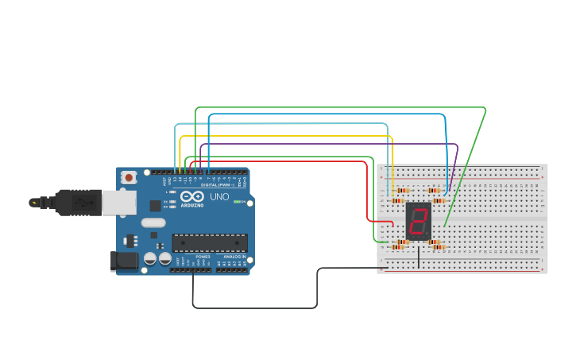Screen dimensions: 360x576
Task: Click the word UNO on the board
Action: (219, 197)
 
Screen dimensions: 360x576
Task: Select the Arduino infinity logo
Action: (191, 196)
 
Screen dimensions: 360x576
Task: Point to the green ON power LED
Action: (237, 202)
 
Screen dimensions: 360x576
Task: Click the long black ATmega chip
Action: (210, 242)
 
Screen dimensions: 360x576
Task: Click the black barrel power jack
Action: (124, 261)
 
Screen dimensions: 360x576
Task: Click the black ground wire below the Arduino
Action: (254, 308)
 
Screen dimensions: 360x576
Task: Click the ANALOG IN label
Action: (232, 257)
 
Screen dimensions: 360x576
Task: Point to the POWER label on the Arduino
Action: (203, 257)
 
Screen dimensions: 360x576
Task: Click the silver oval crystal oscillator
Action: (153, 223)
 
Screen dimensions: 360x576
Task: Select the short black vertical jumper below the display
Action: (419, 257)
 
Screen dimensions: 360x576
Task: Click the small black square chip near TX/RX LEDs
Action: (156, 206)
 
